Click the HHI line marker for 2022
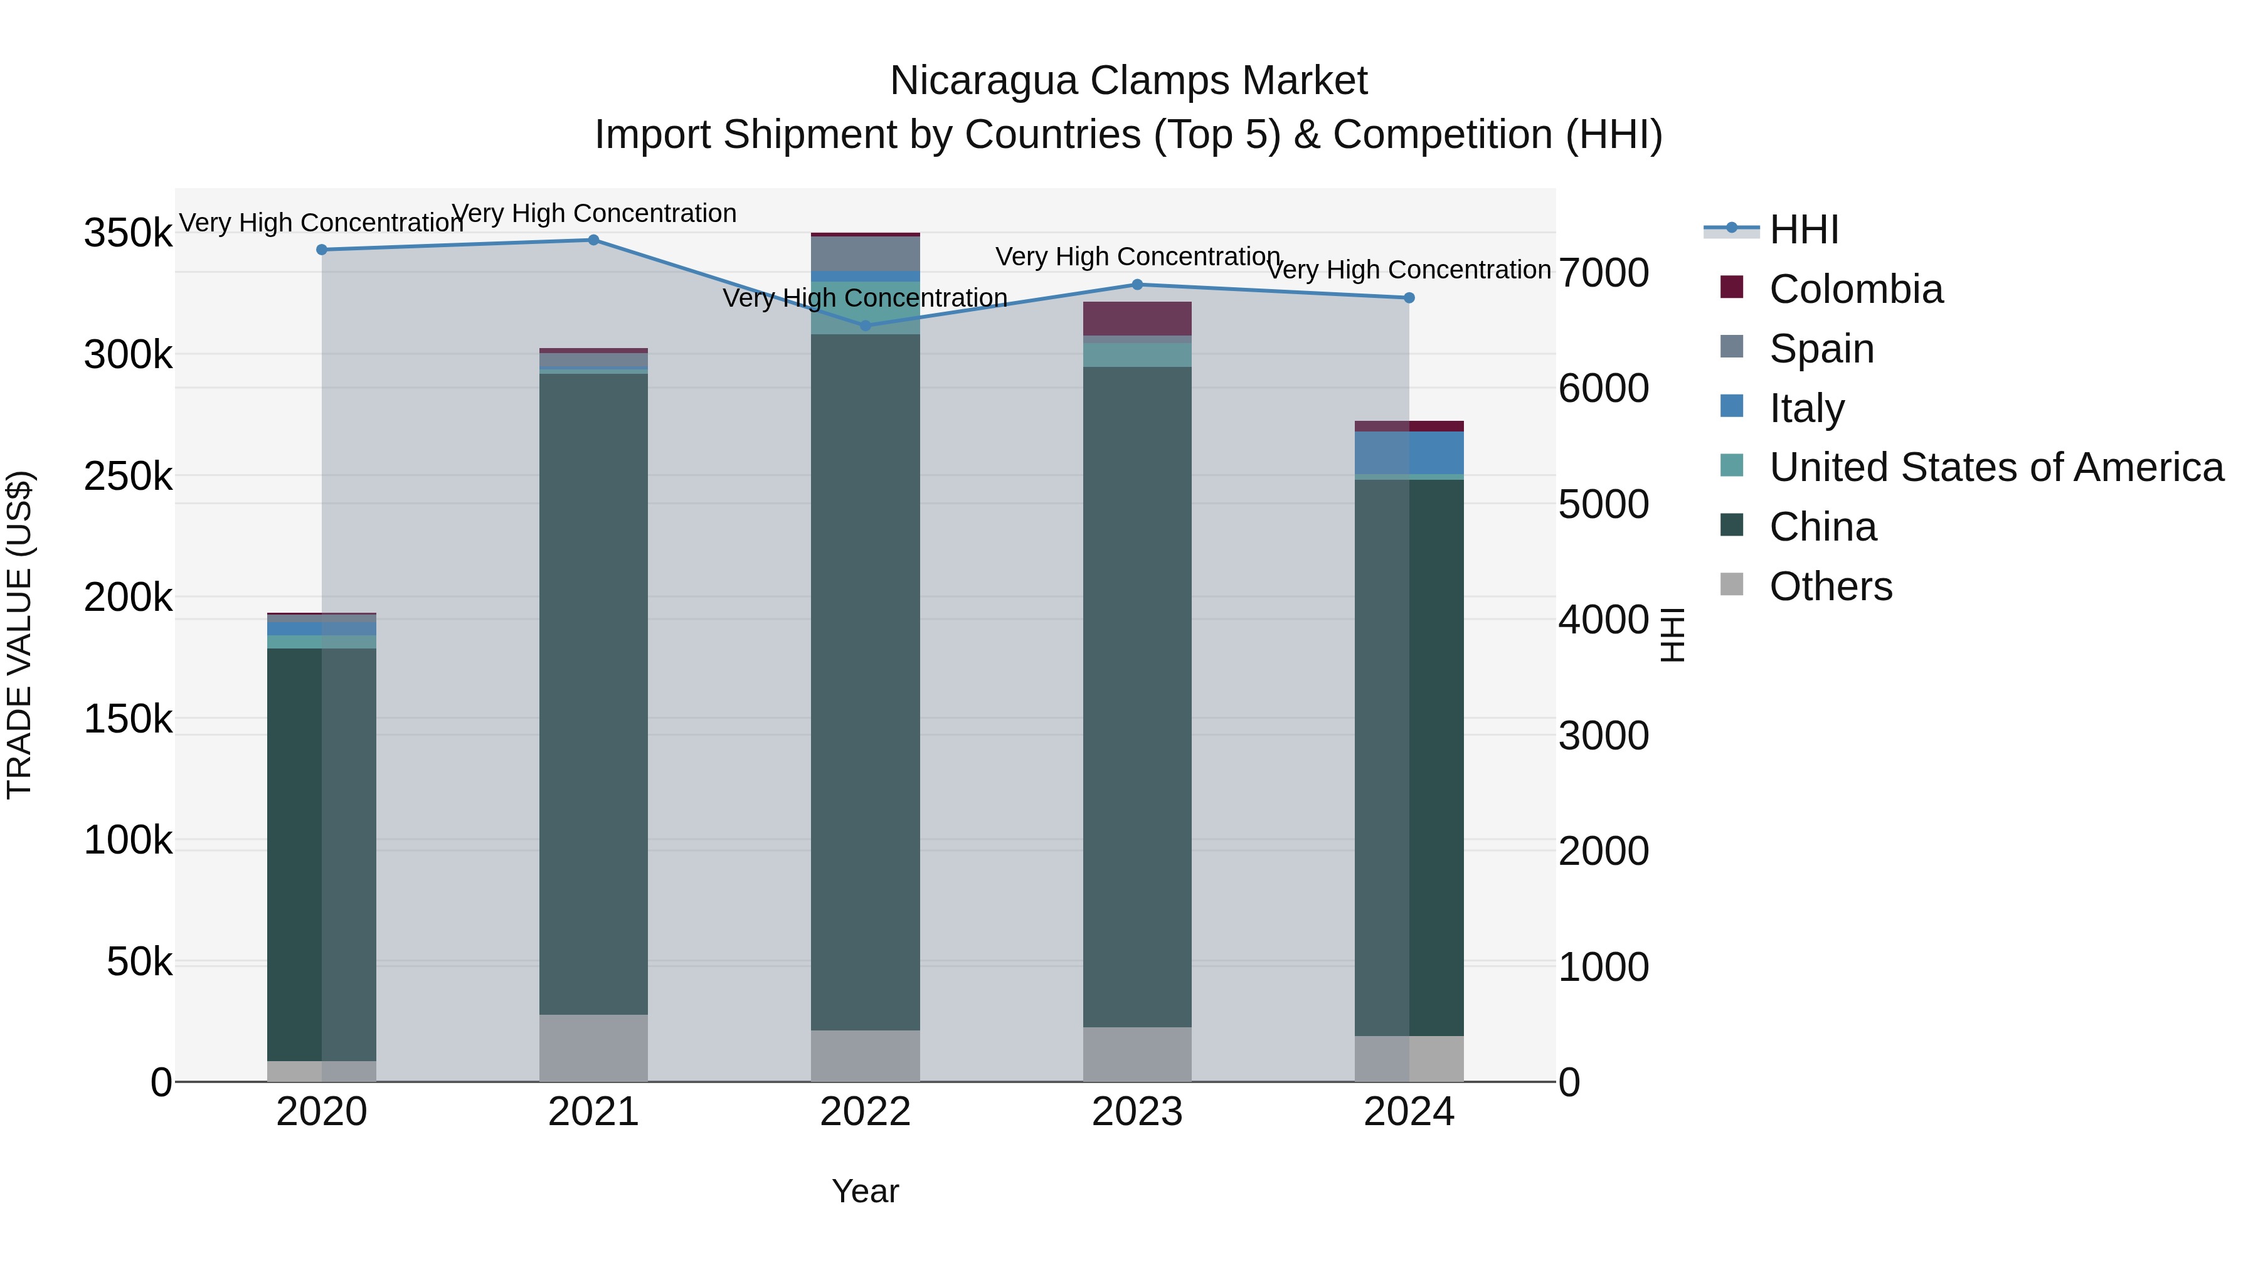[x=865, y=325]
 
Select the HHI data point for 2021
[x=593, y=240]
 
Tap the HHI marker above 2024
[x=1409, y=298]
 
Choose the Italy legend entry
[x=1806, y=408]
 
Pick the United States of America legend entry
[x=1995, y=467]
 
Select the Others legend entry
[x=1830, y=586]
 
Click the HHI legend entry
[x=1803, y=230]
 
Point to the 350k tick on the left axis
[x=128, y=234]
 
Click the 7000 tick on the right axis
[x=1603, y=273]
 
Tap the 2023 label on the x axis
[x=1137, y=1112]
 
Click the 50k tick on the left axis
[x=139, y=962]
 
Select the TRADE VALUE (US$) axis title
[x=19, y=635]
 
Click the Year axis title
[x=865, y=1191]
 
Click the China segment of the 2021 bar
[x=593, y=692]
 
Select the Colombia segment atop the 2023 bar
[x=1137, y=318]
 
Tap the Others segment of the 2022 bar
[x=865, y=1056]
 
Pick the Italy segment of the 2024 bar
[x=1409, y=452]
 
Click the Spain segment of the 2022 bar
[x=865, y=253]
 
